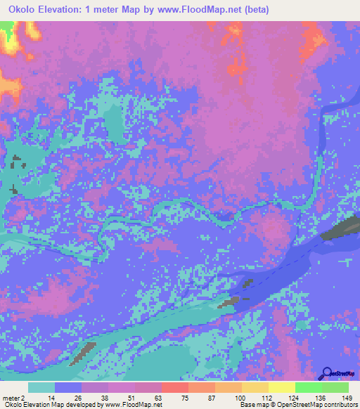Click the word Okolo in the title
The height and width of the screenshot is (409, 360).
pos(25,10)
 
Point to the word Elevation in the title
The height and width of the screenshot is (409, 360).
pos(69,10)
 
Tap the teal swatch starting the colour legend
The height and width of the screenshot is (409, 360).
pos(41,387)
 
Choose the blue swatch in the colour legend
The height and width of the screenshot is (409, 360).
pos(68,387)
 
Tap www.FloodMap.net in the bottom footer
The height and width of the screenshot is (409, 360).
pos(132,405)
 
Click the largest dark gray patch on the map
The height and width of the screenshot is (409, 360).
pos(340,229)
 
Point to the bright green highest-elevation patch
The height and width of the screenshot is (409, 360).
pos(6,28)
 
